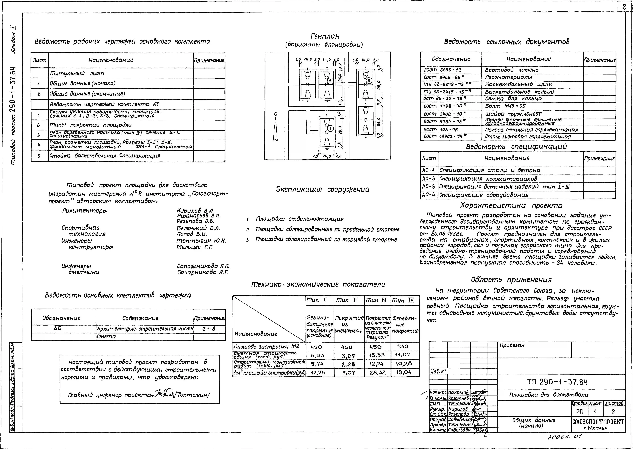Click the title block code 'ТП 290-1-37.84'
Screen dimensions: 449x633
[557, 382]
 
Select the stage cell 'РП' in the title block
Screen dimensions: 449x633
[580, 411]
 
